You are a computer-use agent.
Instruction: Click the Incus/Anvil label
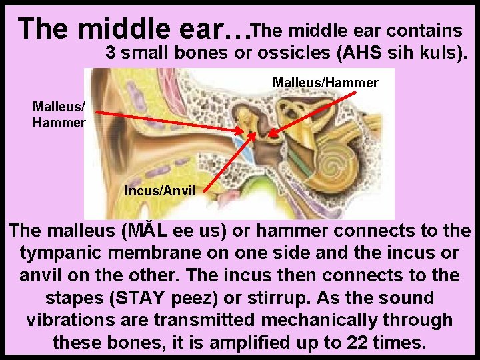click(x=159, y=190)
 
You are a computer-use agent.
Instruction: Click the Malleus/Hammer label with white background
click(x=325, y=83)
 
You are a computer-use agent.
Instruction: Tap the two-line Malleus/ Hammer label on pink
click(x=59, y=114)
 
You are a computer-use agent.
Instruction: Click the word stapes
click(x=77, y=297)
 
